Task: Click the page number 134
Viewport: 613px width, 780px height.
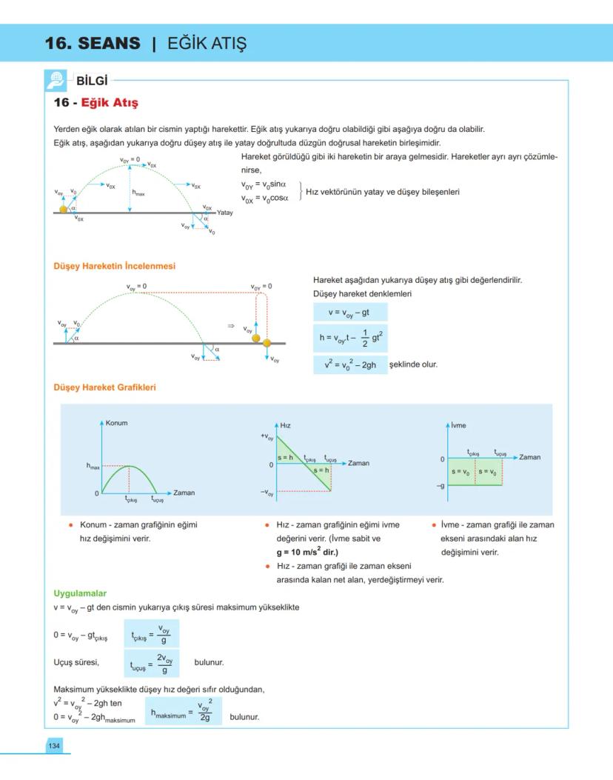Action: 54,745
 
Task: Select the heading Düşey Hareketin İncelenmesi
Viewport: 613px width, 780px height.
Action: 114,266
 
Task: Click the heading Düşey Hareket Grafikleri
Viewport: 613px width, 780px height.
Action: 104,387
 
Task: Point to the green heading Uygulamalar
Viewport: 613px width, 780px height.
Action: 80,593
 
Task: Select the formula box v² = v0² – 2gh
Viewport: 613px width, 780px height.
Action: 349,364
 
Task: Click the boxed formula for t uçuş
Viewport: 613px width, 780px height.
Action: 152,664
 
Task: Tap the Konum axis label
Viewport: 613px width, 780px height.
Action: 117,423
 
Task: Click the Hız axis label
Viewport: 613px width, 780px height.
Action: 285,425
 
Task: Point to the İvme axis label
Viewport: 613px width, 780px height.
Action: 458,425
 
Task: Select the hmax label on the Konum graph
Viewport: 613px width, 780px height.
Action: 93,466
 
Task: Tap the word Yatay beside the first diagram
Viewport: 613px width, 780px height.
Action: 225,213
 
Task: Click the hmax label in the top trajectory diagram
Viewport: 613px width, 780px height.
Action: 138,193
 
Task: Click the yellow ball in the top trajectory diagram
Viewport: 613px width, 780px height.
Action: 64,209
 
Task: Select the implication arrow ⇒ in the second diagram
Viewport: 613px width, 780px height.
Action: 230,326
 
